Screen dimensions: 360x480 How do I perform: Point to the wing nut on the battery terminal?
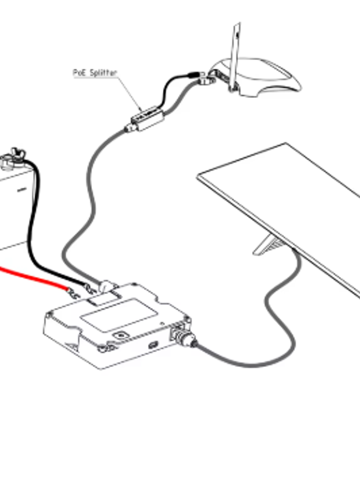(x=17, y=153)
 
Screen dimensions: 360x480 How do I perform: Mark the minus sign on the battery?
(x=22, y=189)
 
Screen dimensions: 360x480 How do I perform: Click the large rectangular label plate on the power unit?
(x=119, y=315)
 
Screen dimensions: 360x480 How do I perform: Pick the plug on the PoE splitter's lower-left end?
(x=130, y=128)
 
